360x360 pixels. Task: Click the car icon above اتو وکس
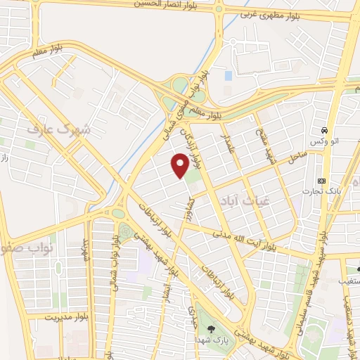[324, 131]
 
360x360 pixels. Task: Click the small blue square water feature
[228, 75]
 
